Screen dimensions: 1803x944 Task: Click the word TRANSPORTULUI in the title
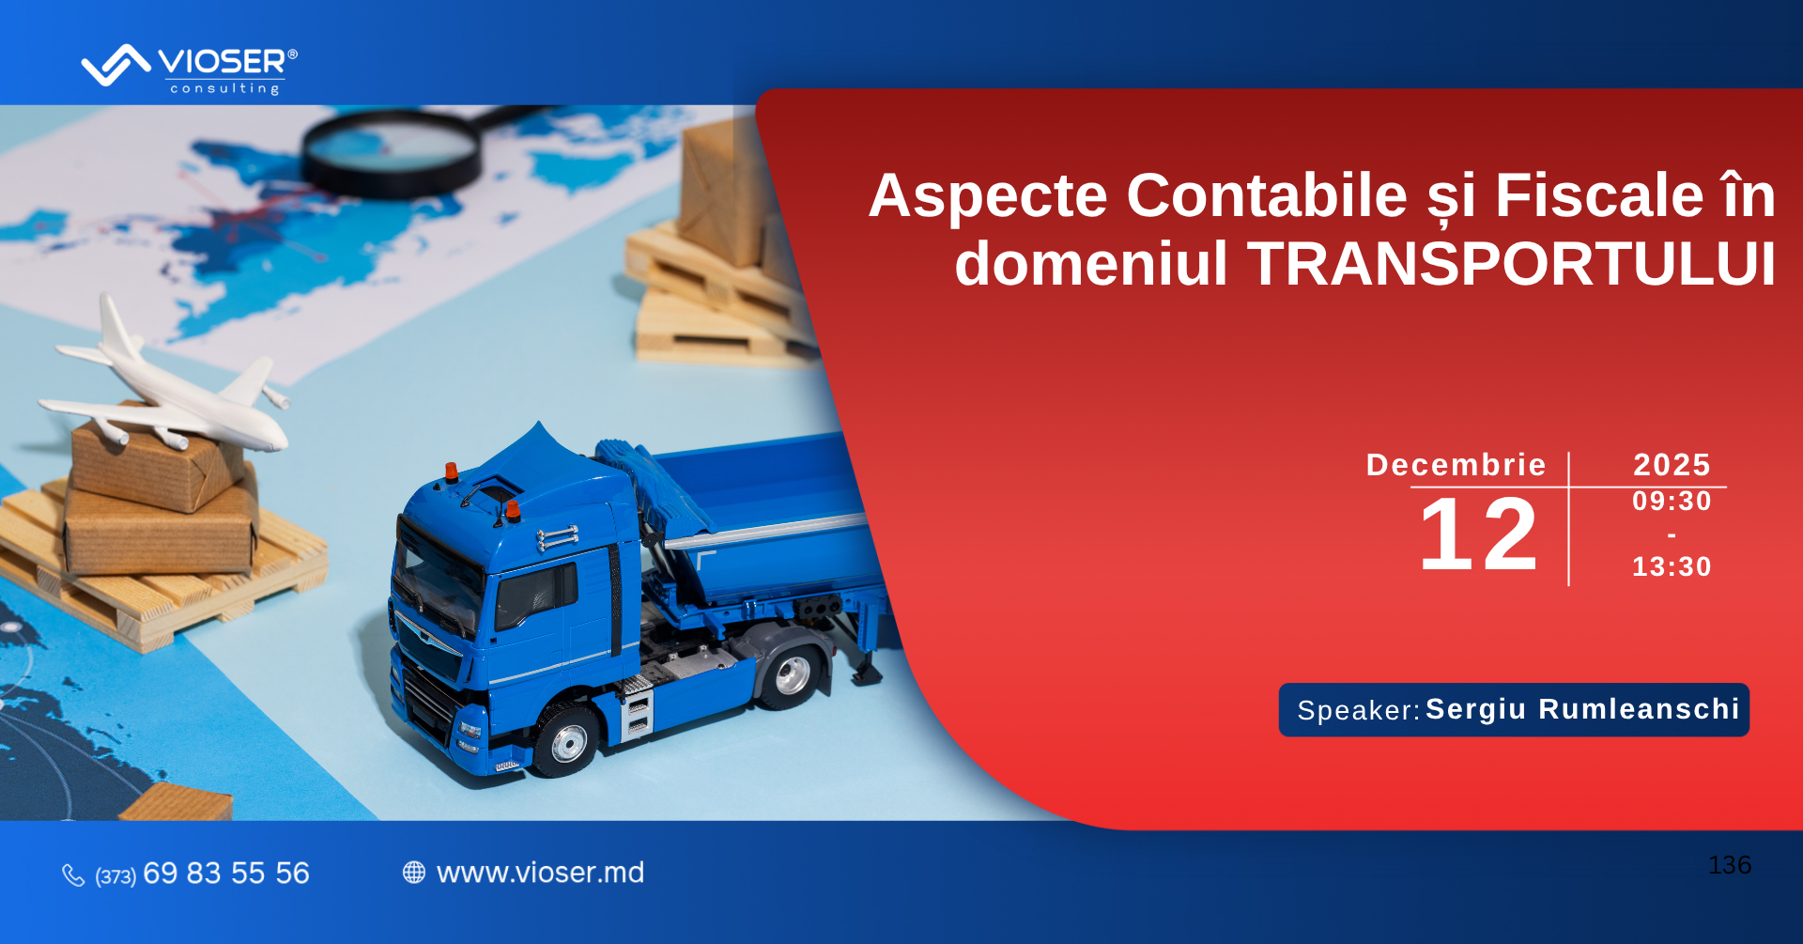click(1511, 263)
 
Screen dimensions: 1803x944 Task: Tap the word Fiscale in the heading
click(1599, 195)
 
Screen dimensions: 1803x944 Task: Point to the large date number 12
click(1478, 534)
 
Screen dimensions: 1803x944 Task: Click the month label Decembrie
click(1456, 465)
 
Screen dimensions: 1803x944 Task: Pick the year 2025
click(1672, 465)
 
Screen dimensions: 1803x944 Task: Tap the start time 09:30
click(1672, 502)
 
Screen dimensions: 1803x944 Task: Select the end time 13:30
click(1672, 566)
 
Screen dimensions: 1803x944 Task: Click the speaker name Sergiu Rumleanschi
click(1582, 709)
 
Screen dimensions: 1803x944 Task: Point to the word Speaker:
click(1359, 711)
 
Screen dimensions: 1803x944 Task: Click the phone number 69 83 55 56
click(226, 874)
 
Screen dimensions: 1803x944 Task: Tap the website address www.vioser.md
click(540, 873)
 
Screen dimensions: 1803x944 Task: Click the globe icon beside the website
click(414, 873)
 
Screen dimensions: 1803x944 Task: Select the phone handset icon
click(73, 875)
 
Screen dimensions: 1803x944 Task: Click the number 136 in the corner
click(1730, 865)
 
